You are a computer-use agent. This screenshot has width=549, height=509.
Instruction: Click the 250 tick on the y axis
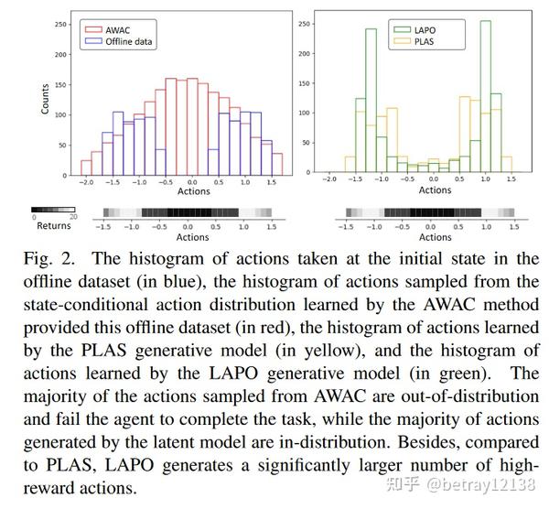click(x=61, y=21)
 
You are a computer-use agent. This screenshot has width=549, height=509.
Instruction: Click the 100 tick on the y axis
click(x=61, y=114)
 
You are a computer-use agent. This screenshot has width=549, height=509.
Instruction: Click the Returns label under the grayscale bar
click(x=53, y=226)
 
